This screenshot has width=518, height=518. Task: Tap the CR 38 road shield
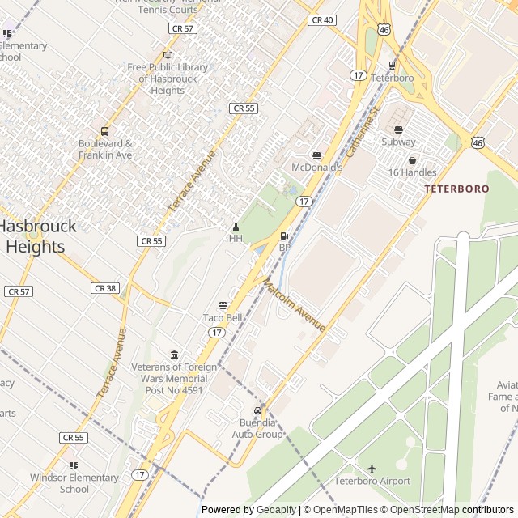click(x=106, y=288)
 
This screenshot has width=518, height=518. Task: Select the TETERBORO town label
click(x=456, y=189)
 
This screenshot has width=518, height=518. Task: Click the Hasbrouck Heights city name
click(x=37, y=236)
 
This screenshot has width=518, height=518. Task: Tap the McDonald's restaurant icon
click(x=316, y=155)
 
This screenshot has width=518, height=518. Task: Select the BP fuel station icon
click(x=284, y=236)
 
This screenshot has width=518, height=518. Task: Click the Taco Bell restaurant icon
click(x=223, y=305)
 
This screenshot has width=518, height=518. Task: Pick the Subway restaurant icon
click(x=398, y=129)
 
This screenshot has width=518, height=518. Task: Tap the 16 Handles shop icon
click(x=412, y=160)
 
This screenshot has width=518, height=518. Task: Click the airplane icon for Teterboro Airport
click(x=372, y=469)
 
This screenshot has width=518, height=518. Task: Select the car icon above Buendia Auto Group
click(x=258, y=410)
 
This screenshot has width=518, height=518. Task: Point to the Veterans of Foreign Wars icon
click(x=174, y=355)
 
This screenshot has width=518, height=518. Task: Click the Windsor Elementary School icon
click(x=74, y=465)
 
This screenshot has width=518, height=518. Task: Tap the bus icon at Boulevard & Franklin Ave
click(x=104, y=131)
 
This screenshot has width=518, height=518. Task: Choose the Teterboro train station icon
click(x=392, y=66)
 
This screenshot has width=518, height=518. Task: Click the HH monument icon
click(x=236, y=226)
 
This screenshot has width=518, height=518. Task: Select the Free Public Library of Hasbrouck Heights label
click(x=168, y=79)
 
